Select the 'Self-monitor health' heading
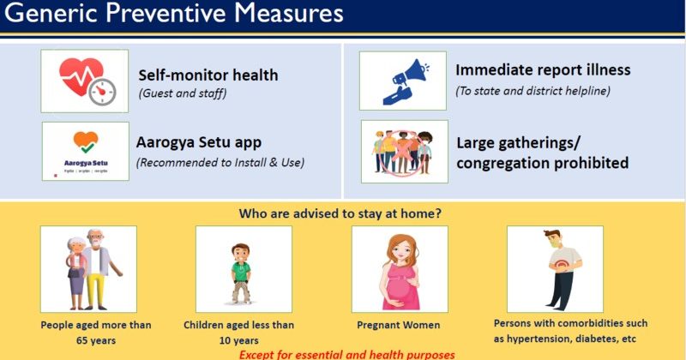(208, 75)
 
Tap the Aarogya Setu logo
(85, 149)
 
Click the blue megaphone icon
(402, 81)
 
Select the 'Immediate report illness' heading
(543, 70)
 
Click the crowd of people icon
(404, 151)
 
